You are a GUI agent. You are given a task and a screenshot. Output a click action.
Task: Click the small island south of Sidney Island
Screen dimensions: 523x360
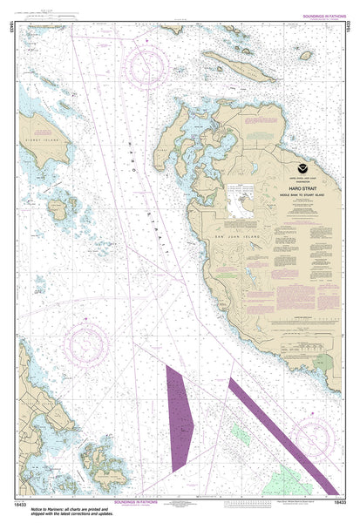[x=58, y=209]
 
